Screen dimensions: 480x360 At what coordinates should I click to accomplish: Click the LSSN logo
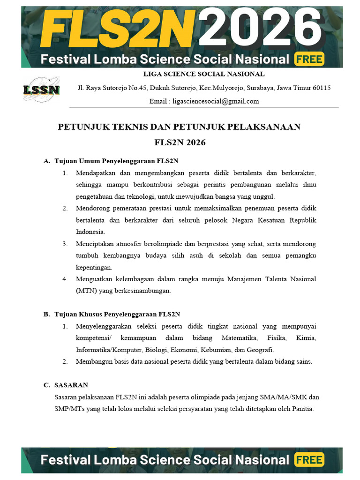41,90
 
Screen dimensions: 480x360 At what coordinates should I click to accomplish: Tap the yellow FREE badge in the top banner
309,59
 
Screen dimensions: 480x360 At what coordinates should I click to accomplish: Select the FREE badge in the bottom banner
309,460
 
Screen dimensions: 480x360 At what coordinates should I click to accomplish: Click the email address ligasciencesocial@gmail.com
216,101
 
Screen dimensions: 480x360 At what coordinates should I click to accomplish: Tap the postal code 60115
322,88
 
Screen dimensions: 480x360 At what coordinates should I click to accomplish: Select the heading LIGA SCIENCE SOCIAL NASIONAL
203,74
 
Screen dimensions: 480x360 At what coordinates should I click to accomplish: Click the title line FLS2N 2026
180,142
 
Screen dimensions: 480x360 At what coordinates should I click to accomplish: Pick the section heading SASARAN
71,385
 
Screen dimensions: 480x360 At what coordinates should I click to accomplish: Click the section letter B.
46,314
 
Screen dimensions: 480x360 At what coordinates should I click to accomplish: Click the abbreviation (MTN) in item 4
86,291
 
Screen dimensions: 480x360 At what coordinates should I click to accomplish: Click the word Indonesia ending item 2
90,232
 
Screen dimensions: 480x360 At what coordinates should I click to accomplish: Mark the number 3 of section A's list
65,244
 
